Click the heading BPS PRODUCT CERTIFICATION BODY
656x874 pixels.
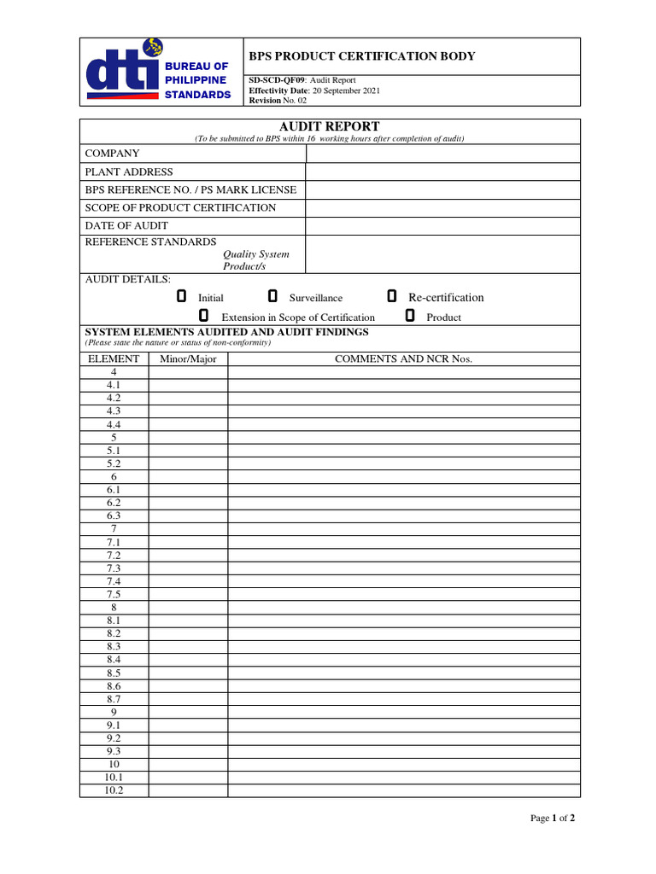361,56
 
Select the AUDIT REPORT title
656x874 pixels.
330,126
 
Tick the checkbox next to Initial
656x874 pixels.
181,296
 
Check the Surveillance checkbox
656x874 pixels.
272,296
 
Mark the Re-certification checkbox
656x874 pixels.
391,296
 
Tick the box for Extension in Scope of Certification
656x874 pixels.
203,316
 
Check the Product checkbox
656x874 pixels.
410,316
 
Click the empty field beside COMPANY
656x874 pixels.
442,154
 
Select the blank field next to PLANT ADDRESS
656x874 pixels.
442,172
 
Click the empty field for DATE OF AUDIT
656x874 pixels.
442,225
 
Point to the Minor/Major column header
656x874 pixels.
188,358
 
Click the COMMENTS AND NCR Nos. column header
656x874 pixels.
403,358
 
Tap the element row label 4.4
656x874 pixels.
114,424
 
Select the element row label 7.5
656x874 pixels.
114,594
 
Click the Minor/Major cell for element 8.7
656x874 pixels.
188,699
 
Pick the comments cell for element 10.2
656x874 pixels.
403,790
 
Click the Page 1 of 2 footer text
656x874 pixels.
553,818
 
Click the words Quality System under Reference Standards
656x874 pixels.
256,254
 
